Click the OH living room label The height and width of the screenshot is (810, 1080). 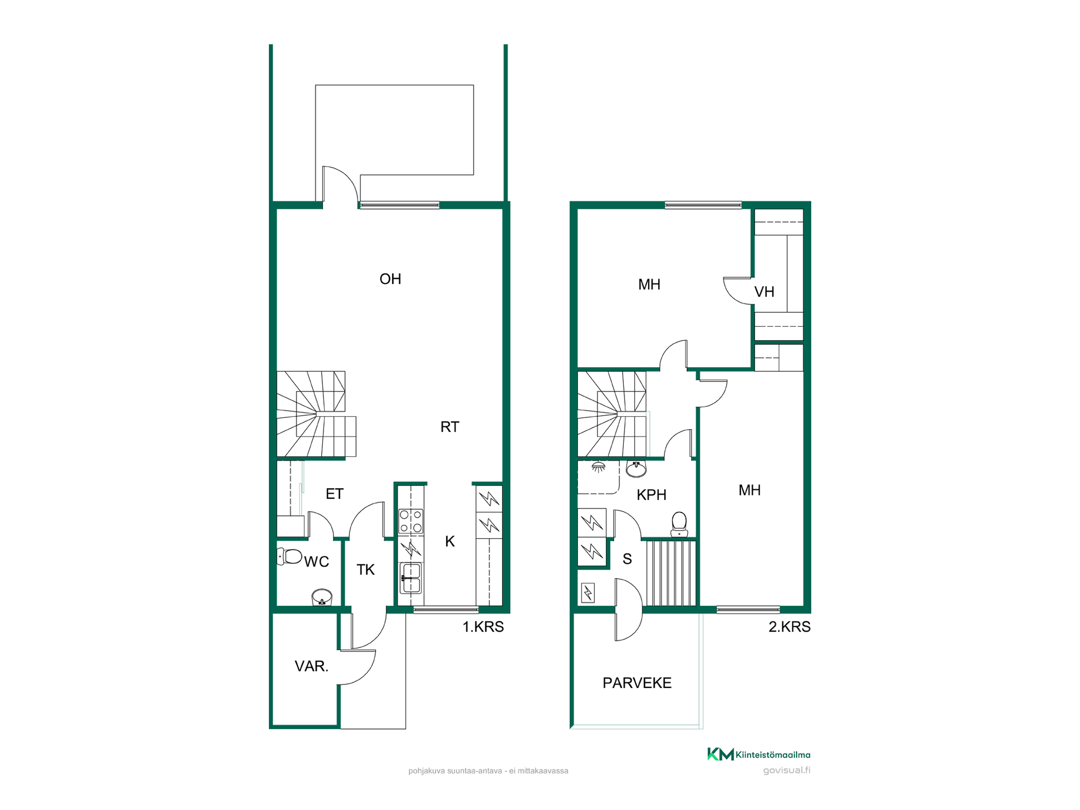pos(390,279)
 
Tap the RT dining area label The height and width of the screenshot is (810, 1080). pos(449,427)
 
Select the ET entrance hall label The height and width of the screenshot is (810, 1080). pos(335,494)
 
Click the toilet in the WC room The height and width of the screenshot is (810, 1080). pos(290,556)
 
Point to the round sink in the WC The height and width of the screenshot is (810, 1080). pos(322,597)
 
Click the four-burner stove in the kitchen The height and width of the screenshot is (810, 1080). pos(411,521)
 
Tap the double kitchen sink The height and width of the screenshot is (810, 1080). pos(411,578)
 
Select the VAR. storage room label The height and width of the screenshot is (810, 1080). pos(312,667)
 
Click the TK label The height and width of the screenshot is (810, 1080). pos(366,570)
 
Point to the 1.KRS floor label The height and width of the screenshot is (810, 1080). pos(483,627)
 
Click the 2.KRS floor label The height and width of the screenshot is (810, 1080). pos(790,627)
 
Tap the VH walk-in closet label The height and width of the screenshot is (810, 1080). pos(764,292)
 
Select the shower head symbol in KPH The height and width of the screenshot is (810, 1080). pos(598,467)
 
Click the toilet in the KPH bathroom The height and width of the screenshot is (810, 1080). pos(679,524)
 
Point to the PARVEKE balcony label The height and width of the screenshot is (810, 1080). pos(637,683)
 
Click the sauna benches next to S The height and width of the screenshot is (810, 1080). pos(671,573)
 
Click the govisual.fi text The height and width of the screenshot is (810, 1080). pos(787,771)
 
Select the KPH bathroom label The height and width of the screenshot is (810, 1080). pos(651,495)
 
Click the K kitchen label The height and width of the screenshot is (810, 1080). pos(450,542)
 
